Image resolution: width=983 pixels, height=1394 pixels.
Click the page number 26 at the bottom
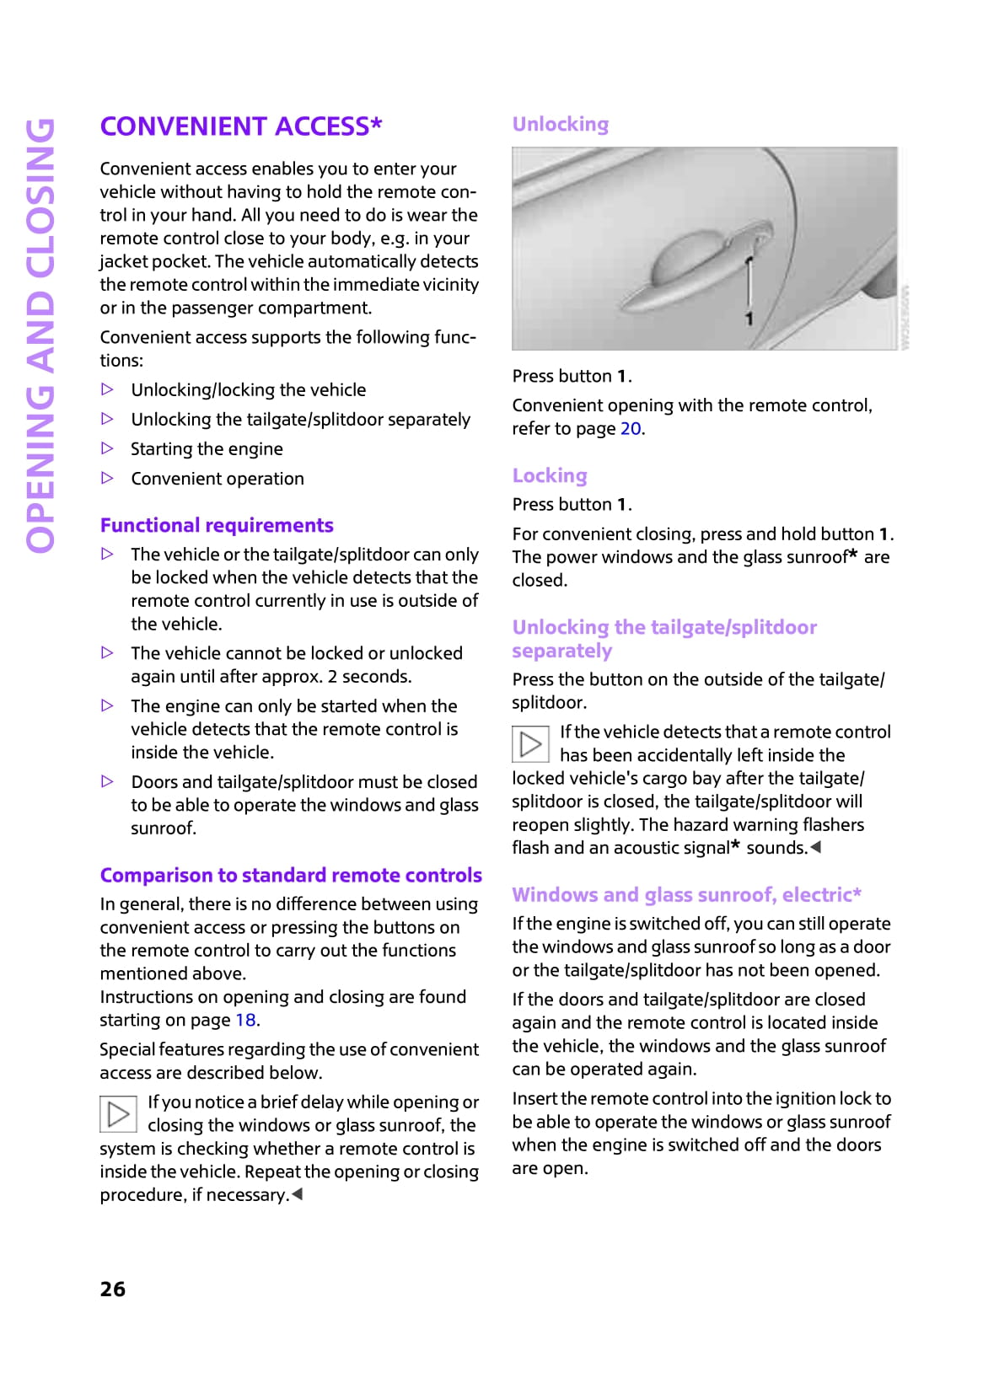(x=113, y=1289)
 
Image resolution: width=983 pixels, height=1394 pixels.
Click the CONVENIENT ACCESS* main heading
(x=241, y=126)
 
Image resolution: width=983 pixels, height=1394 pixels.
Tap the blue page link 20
(x=631, y=429)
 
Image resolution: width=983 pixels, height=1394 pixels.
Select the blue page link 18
(x=245, y=1021)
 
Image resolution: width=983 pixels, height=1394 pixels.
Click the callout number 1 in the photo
(x=749, y=319)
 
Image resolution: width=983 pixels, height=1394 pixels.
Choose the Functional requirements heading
(x=217, y=526)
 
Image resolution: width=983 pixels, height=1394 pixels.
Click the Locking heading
(x=550, y=475)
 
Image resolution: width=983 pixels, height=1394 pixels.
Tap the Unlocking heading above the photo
(x=561, y=125)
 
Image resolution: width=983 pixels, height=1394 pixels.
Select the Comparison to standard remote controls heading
(x=291, y=876)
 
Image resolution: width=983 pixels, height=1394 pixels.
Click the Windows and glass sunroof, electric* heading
(x=686, y=895)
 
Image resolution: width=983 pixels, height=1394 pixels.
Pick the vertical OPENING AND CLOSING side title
(x=40, y=335)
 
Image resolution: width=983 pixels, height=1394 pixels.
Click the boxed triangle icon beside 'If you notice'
(x=119, y=1114)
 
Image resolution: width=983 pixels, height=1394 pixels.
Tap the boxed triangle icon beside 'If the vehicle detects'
(x=530, y=743)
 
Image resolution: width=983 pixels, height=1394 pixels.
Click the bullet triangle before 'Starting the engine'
(x=107, y=448)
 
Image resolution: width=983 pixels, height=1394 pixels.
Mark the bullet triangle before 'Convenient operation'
(x=107, y=478)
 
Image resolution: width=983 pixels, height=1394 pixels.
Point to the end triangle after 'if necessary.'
(x=297, y=1194)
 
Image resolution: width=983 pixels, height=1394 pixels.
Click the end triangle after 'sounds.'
(x=815, y=847)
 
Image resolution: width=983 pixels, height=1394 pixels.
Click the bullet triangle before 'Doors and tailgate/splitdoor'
(x=107, y=781)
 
